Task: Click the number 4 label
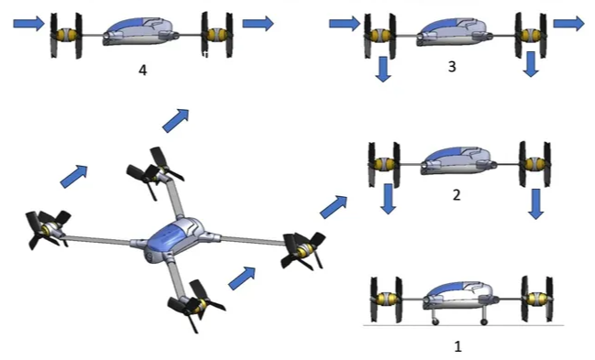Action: (x=143, y=71)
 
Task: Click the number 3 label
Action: (x=452, y=66)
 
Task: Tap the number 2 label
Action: (x=457, y=194)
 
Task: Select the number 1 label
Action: (x=458, y=346)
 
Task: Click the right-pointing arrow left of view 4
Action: (x=28, y=23)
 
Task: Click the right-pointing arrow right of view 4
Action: (x=258, y=23)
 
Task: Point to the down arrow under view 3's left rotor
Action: (x=383, y=69)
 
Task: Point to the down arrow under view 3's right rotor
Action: (x=531, y=64)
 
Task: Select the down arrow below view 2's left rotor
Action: (x=388, y=199)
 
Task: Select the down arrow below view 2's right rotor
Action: (x=535, y=204)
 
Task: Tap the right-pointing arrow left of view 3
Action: (x=345, y=23)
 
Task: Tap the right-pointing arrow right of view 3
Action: (x=568, y=23)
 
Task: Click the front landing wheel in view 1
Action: (x=435, y=322)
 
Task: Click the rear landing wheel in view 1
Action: (x=484, y=322)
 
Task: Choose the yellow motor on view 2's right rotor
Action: (x=534, y=164)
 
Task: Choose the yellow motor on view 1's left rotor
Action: (x=386, y=299)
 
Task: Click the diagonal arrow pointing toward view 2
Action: (x=334, y=207)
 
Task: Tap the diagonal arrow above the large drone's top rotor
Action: (x=176, y=121)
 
